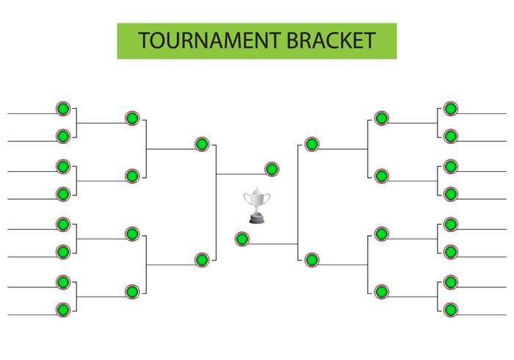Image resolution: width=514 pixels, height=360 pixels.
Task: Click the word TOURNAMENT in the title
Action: pyautogui.click(x=209, y=40)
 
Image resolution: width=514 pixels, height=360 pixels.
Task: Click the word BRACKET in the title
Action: pyautogui.click(x=331, y=40)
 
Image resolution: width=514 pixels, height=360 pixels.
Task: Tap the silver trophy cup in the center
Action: pyautogui.click(x=257, y=205)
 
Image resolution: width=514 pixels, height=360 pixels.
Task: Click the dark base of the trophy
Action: pyautogui.click(x=257, y=219)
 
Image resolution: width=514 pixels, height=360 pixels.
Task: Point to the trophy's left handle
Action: pyautogui.click(x=247, y=198)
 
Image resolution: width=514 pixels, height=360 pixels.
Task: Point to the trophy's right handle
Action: pyautogui.click(x=267, y=198)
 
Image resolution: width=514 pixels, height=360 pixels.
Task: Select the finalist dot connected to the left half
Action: pyautogui.click(x=272, y=169)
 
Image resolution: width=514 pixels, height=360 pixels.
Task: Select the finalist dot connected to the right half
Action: pyautogui.click(x=242, y=239)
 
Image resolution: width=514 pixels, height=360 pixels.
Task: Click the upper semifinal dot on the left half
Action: pyautogui.click(x=202, y=144)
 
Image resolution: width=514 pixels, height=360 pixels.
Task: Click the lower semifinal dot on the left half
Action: pyautogui.click(x=202, y=260)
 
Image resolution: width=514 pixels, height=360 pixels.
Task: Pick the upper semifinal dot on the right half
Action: pyautogui.click(x=312, y=144)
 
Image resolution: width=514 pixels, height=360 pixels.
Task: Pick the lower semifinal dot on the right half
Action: pyautogui.click(x=312, y=260)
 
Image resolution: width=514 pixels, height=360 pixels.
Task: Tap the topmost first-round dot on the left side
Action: pyautogui.click(x=63, y=109)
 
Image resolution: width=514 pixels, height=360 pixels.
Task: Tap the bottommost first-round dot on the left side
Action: pyautogui.click(x=63, y=310)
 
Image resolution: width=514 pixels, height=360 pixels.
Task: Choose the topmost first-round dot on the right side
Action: pyautogui.click(x=451, y=109)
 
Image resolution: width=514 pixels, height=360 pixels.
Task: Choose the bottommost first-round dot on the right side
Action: pyautogui.click(x=451, y=310)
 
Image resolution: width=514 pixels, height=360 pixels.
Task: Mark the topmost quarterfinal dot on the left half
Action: pyautogui.click(x=132, y=118)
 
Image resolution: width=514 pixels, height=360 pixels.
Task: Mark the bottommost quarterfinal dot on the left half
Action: pyautogui.click(x=132, y=292)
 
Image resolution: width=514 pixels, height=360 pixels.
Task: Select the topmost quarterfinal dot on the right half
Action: pyautogui.click(x=382, y=118)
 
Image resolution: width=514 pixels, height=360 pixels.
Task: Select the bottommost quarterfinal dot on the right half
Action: pyautogui.click(x=382, y=292)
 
